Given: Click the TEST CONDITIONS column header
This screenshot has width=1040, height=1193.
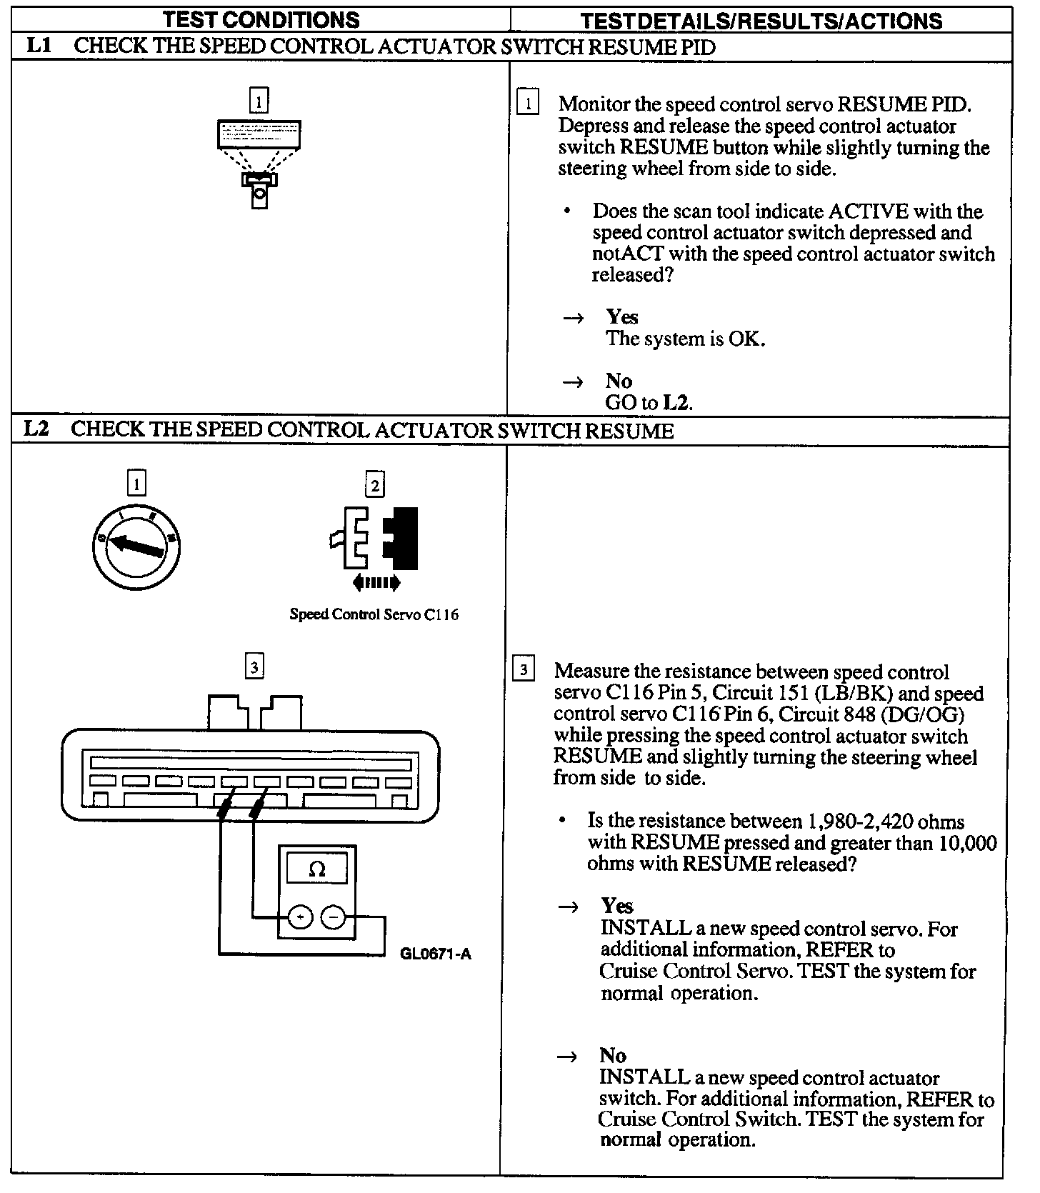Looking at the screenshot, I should point(261,19).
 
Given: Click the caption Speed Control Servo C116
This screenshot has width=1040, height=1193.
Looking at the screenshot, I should point(374,614).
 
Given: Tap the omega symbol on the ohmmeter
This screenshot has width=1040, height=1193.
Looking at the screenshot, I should point(316,869).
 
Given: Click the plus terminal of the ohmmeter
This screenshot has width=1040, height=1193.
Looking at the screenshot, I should point(300,917).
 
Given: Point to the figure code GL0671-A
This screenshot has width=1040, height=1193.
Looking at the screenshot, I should point(436,954).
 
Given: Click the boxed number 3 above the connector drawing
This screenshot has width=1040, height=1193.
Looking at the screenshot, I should point(254,667).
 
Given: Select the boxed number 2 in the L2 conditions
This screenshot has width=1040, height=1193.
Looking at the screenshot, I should point(374,486).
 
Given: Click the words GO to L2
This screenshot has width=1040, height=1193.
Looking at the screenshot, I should point(649,403).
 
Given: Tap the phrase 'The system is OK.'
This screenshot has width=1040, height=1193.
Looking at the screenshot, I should point(685,339).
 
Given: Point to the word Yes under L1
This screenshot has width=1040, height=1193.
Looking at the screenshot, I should point(622,316).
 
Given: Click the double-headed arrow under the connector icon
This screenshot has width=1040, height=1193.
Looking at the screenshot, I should point(376,583).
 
